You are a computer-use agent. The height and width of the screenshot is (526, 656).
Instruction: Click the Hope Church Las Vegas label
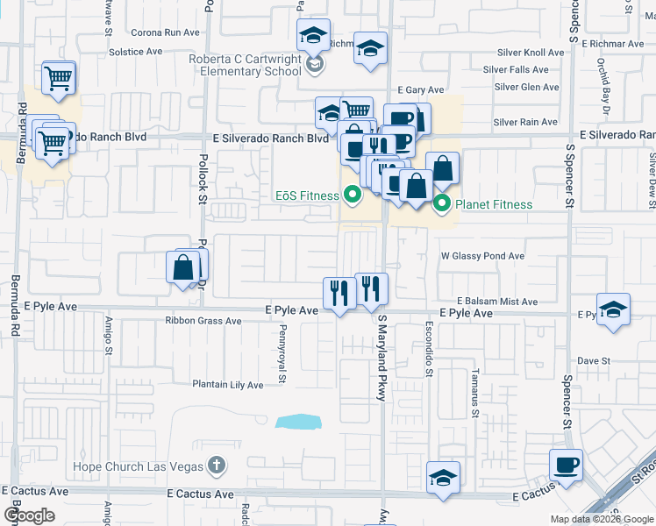tap(139, 466)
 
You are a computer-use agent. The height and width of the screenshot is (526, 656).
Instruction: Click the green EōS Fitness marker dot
tap(353, 194)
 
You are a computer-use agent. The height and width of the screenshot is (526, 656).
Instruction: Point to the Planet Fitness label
tap(493, 205)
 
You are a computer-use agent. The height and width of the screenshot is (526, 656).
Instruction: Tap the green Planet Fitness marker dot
tap(443, 205)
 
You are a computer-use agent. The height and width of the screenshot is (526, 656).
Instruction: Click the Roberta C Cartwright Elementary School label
tap(245, 65)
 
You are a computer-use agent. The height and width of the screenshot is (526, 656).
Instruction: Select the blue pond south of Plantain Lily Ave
tap(300, 422)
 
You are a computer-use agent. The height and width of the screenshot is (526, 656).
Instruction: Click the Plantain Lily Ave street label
tap(228, 385)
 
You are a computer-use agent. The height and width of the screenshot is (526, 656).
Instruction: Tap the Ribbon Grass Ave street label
tap(203, 322)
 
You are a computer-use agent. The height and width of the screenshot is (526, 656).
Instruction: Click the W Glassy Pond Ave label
tap(482, 256)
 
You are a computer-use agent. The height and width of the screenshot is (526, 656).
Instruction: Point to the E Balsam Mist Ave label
tap(496, 302)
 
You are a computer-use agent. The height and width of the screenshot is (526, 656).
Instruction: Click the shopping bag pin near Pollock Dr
tap(185, 267)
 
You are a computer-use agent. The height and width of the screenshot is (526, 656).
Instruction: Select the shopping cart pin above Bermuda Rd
tap(58, 78)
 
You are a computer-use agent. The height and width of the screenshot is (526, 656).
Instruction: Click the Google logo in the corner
tap(29, 515)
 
